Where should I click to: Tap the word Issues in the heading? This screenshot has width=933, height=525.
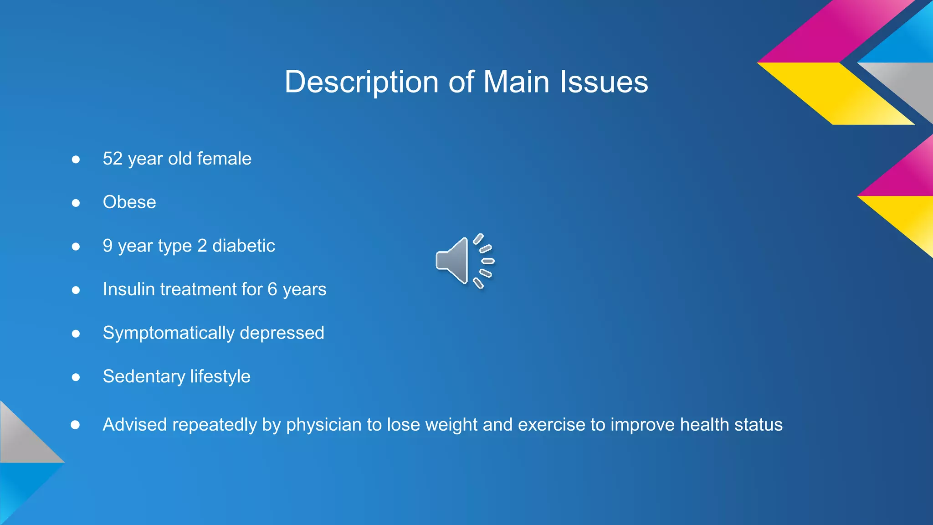[604, 82]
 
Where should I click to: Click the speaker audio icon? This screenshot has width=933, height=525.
[464, 261]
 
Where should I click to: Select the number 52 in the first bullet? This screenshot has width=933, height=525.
[113, 159]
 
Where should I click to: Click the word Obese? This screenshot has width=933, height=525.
[129, 202]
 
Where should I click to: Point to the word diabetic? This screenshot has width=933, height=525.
[244, 246]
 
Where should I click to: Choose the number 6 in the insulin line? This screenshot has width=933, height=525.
[272, 289]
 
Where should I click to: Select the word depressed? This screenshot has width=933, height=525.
[282, 333]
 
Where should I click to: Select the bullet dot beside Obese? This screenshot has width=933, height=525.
[76, 203]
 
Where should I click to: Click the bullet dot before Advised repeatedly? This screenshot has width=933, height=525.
[76, 425]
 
